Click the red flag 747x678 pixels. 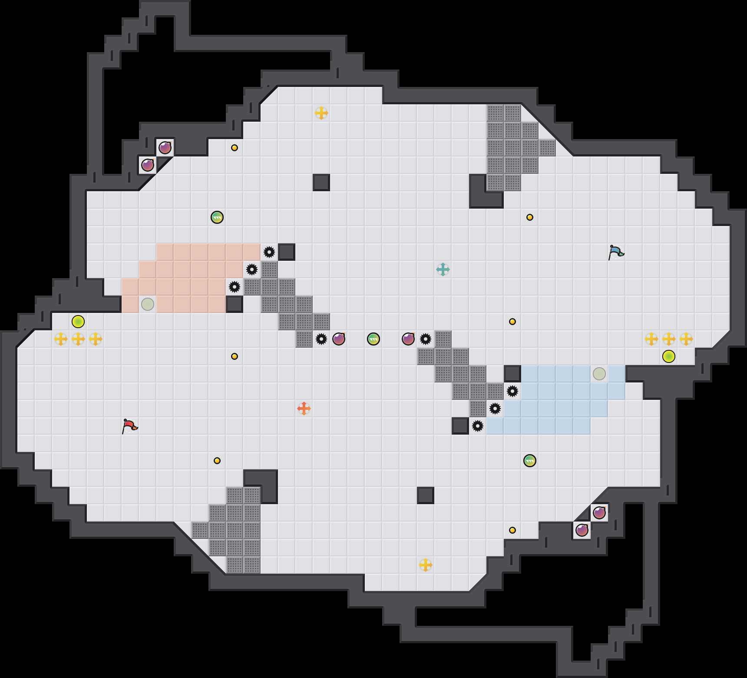pyautogui.click(x=129, y=426)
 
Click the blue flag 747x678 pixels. pyautogui.click(x=616, y=252)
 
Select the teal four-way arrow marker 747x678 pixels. pyautogui.click(x=443, y=269)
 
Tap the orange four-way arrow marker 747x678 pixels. pyautogui.click(x=304, y=409)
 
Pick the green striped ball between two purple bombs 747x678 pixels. pyautogui.click(x=373, y=339)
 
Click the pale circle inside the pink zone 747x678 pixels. pyautogui.click(x=148, y=304)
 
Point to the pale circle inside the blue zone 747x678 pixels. pyautogui.click(x=599, y=374)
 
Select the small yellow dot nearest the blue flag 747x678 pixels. pyautogui.click(x=530, y=217)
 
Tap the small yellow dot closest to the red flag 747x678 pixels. pyautogui.click(x=217, y=461)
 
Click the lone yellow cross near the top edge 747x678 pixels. pyautogui.click(x=321, y=113)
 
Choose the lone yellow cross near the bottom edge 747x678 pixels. pyautogui.click(x=426, y=565)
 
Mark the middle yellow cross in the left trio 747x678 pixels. pyautogui.click(x=78, y=339)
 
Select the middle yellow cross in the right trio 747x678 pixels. pyautogui.click(x=669, y=339)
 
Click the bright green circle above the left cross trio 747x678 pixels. pyautogui.click(x=78, y=322)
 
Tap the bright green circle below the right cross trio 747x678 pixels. pyautogui.click(x=669, y=356)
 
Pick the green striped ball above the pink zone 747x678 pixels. pyautogui.click(x=217, y=217)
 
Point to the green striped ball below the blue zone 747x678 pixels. pyautogui.click(x=530, y=461)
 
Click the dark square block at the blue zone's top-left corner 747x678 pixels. pyautogui.click(x=512, y=374)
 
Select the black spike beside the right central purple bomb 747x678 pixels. pyautogui.click(x=426, y=339)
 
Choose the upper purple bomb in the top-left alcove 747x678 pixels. pyautogui.click(x=165, y=148)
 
